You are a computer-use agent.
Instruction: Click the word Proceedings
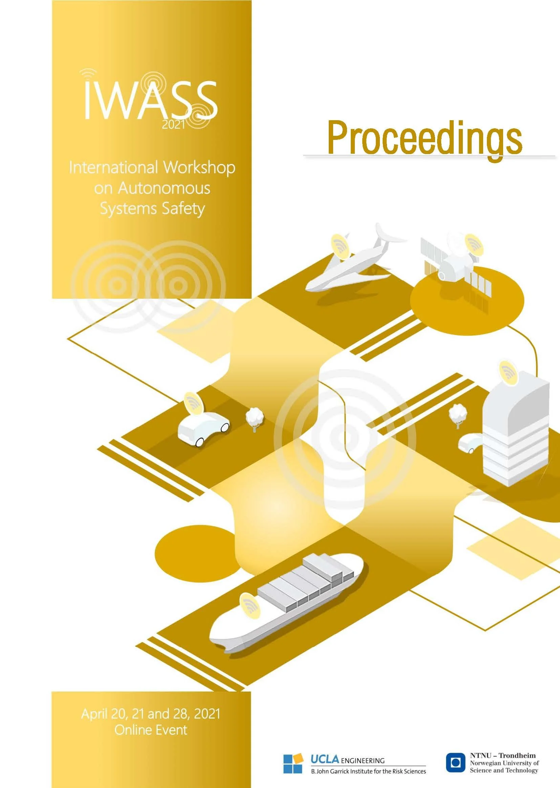click(425, 137)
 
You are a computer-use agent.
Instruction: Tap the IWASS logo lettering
click(151, 100)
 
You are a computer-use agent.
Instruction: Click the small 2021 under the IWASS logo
click(173, 125)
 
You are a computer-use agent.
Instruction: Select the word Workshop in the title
click(199, 168)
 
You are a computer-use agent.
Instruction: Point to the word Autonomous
click(164, 188)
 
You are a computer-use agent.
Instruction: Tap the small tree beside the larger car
click(255, 418)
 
